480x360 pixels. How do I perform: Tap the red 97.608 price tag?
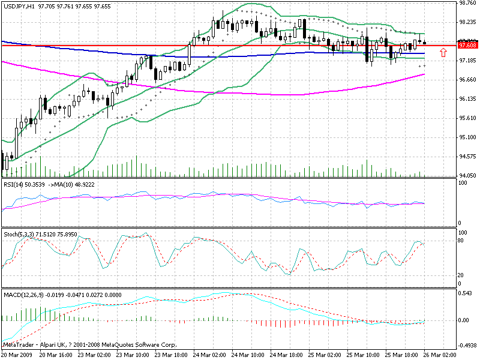point(467,45)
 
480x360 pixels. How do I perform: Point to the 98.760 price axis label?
point(467,3)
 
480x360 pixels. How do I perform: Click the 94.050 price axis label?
point(467,175)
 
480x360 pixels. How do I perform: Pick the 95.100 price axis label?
point(467,137)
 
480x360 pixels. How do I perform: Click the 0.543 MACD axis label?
point(466,294)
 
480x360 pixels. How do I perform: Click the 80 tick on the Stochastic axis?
point(463,241)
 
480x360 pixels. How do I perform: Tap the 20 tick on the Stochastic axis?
point(463,275)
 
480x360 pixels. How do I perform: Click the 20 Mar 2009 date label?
point(17,355)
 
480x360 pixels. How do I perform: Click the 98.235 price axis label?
point(467,22)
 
